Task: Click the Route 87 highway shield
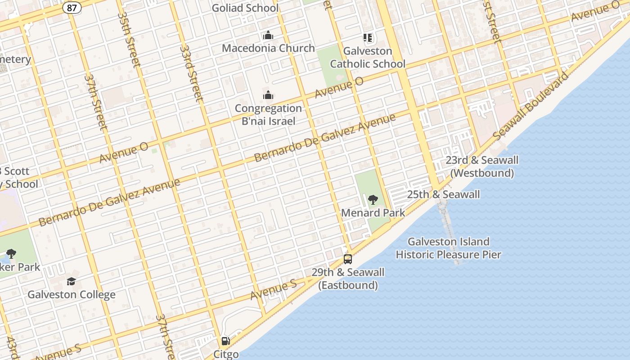pyautogui.click(x=72, y=8)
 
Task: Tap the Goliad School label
pyautogui.click(x=245, y=8)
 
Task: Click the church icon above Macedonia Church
pyautogui.click(x=268, y=35)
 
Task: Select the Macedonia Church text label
pyautogui.click(x=268, y=48)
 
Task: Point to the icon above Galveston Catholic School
pyautogui.click(x=368, y=38)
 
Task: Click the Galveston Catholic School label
pyautogui.click(x=368, y=58)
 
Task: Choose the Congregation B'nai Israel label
pyautogui.click(x=268, y=114)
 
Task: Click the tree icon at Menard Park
pyautogui.click(x=373, y=199)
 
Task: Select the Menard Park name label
pyautogui.click(x=373, y=213)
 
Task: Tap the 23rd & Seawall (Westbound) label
pyautogui.click(x=482, y=166)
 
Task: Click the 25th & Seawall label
pyautogui.click(x=443, y=194)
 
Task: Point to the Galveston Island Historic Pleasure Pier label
pyautogui.click(x=448, y=248)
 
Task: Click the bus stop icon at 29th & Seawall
pyautogui.click(x=347, y=259)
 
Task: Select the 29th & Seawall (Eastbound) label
pyautogui.click(x=348, y=279)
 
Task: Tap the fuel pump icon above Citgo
pyautogui.click(x=225, y=341)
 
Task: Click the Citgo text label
pyautogui.click(x=226, y=354)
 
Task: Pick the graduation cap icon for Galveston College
pyautogui.click(x=71, y=282)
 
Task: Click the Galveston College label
pyautogui.click(x=72, y=295)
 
